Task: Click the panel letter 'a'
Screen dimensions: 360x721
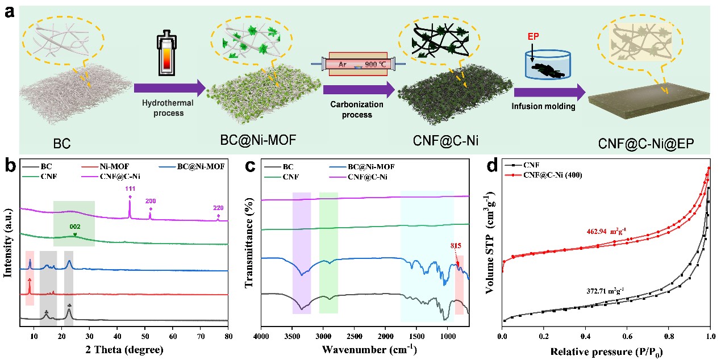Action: [x=10, y=12]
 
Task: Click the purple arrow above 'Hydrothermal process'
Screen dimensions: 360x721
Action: [x=169, y=88]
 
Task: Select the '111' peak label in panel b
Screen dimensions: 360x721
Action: [x=130, y=189]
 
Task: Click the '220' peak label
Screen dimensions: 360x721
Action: [x=218, y=208]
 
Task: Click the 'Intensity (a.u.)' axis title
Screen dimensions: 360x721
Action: [x=9, y=242]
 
